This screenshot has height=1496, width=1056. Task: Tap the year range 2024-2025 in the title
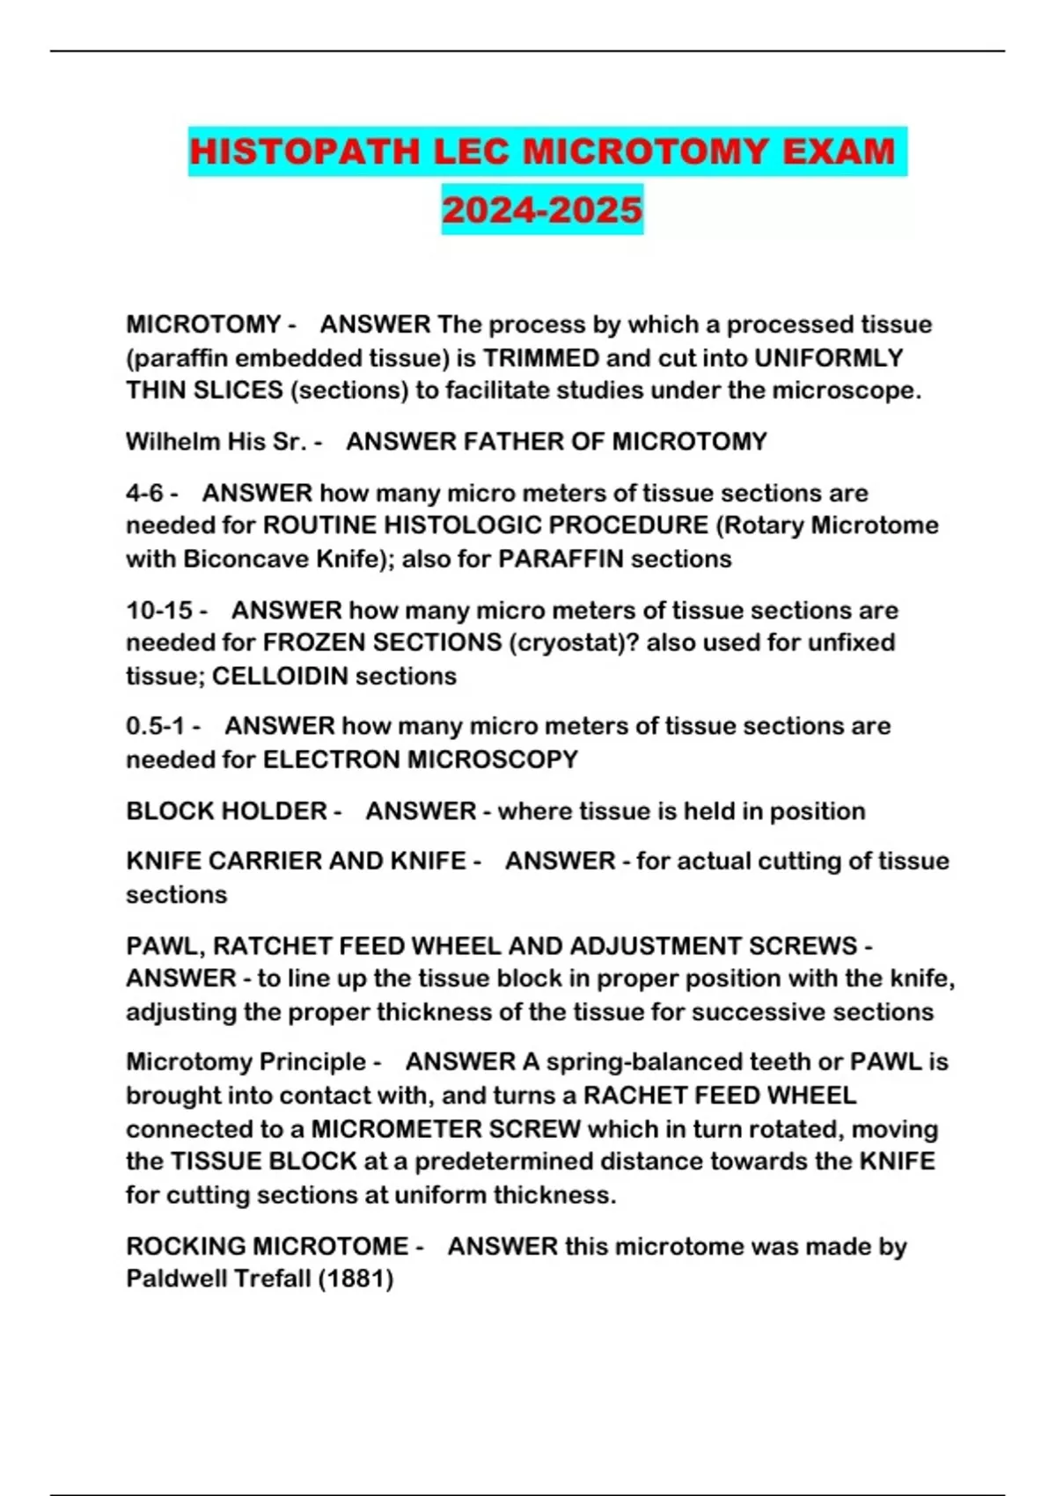click(x=542, y=209)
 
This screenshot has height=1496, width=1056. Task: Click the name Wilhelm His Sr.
click(x=216, y=441)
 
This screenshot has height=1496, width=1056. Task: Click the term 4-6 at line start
click(x=145, y=493)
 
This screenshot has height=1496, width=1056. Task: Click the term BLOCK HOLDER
click(x=226, y=810)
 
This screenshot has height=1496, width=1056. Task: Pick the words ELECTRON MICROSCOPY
click(x=421, y=759)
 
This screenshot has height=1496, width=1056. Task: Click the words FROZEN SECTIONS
click(x=383, y=642)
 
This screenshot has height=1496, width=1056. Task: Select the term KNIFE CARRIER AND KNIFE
click(x=296, y=861)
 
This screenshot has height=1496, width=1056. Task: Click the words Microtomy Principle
click(x=246, y=1061)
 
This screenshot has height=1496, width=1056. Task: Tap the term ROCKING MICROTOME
click(x=268, y=1246)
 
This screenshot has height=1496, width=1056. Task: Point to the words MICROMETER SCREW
click(x=446, y=1129)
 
